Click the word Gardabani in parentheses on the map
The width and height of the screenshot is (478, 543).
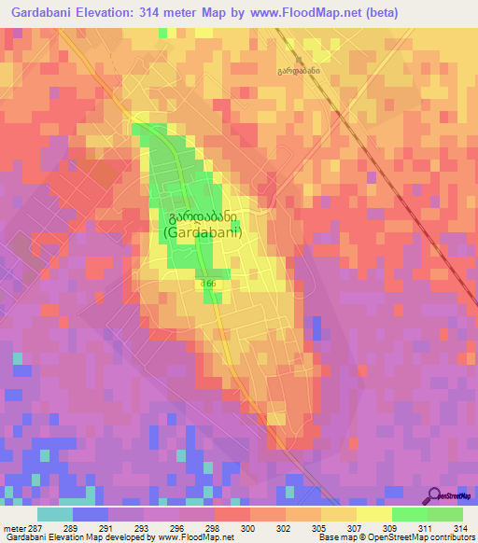pyautogui.click(x=203, y=233)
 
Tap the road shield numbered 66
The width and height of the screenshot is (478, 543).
pyautogui.click(x=207, y=283)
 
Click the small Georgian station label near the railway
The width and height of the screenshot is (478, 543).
pyautogui.click(x=298, y=71)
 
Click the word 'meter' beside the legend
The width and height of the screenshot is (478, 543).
pyautogui.click(x=16, y=527)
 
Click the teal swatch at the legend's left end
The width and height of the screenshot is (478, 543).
pyautogui.click(x=54, y=513)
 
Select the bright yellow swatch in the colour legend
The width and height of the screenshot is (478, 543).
pyautogui.click(x=373, y=513)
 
